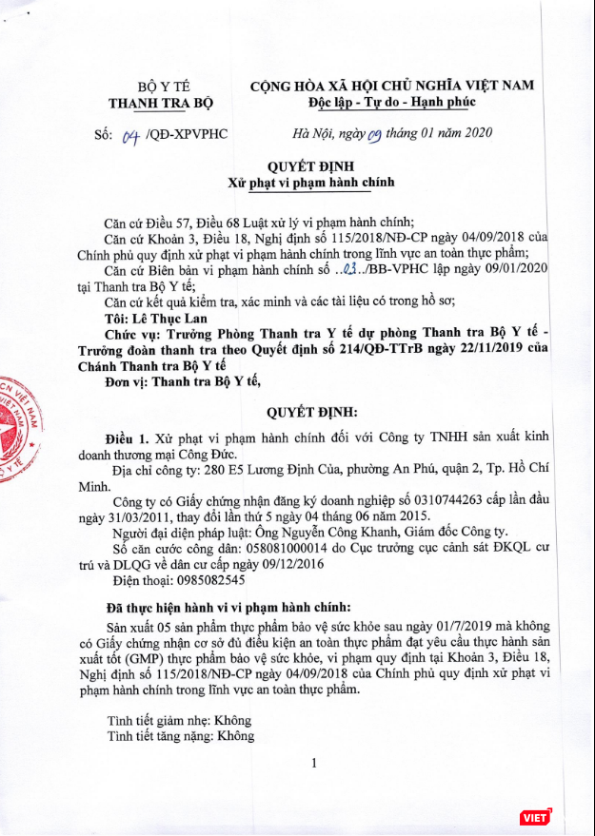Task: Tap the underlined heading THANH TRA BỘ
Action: [x=161, y=102]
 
